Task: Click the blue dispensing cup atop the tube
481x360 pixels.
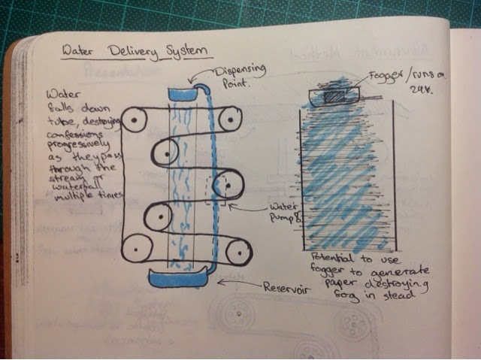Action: pyautogui.click(x=185, y=93)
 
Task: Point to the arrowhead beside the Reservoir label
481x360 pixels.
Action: pyautogui.click(x=223, y=283)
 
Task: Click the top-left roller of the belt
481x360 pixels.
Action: pyautogui.click(x=136, y=119)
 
